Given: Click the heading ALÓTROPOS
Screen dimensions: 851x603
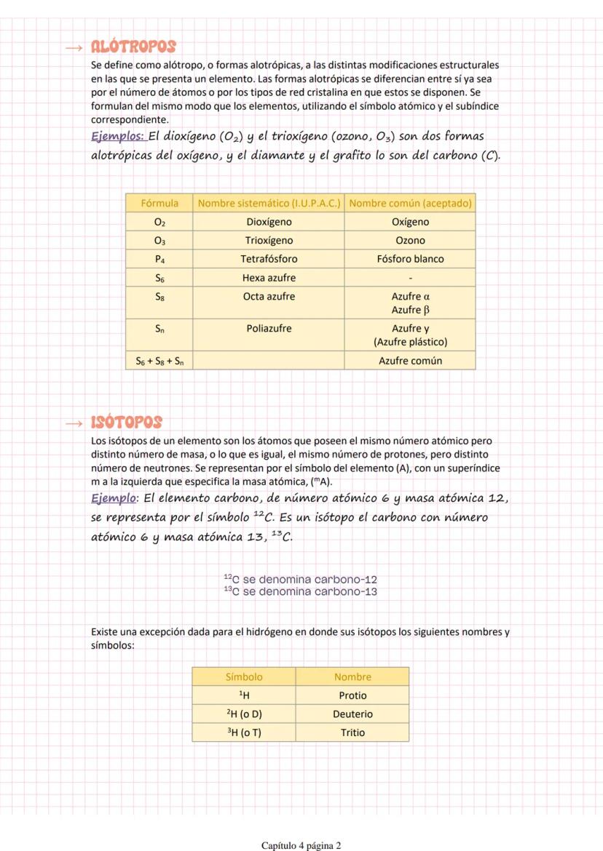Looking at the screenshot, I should (x=133, y=47).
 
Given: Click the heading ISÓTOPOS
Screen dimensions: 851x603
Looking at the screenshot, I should (x=126, y=423).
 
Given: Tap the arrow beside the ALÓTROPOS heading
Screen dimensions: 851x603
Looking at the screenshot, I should (x=74, y=48).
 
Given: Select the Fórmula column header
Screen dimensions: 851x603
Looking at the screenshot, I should (x=159, y=204).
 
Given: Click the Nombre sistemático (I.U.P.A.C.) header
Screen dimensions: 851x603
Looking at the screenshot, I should (x=269, y=204).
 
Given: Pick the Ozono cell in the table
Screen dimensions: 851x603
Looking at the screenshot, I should (x=410, y=241).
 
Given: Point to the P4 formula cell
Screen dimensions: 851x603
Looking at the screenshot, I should (x=159, y=259).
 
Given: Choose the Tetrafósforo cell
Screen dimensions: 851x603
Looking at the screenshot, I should (x=269, y=259).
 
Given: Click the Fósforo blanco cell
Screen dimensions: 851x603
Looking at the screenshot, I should (x=410, y=259).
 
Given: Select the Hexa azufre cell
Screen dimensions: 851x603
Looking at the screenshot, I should (x=269, y=278).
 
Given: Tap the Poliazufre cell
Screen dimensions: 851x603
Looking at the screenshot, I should (x=269, y=329).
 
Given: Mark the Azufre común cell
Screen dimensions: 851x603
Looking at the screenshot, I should (x=410, y=361).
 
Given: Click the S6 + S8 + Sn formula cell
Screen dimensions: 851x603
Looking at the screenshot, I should (x=159, y=361).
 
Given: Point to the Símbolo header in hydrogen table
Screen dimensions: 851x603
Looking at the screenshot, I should (x=244, y=677).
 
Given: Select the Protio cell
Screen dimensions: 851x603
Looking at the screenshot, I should (x=352, y=696).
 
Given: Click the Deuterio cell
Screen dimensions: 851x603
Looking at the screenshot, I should (x=352, y=714).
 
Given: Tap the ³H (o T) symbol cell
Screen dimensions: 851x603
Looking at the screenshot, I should (x=244, y=733).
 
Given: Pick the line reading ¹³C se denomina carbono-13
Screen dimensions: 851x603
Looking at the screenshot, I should (x=300, y=592).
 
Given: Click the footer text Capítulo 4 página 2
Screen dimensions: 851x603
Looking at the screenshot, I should (x=301, y=845).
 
